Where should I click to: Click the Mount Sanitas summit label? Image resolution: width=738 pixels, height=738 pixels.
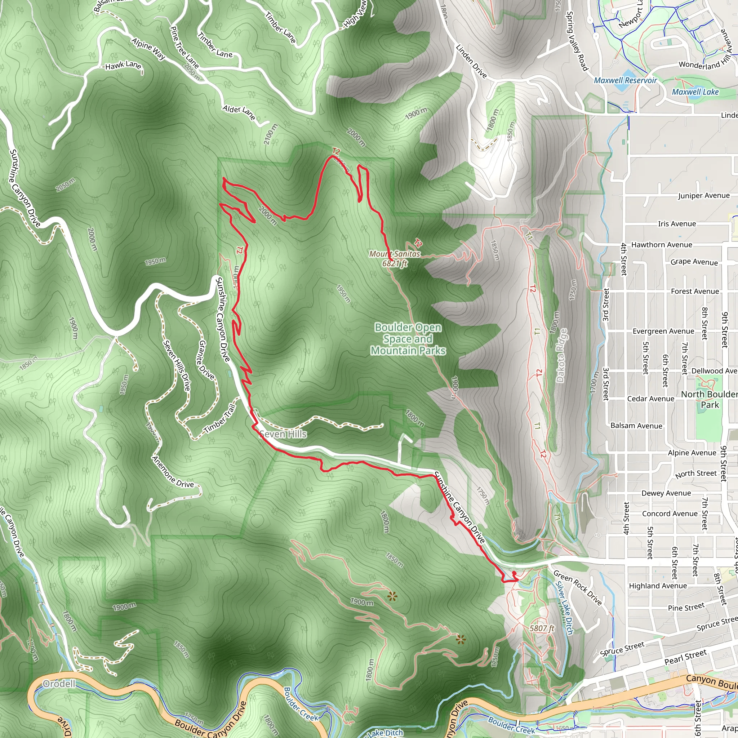click(395, 254)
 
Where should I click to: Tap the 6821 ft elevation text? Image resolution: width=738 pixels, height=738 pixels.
click(395, 263)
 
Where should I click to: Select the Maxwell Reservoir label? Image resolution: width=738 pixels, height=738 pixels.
click(625, 81)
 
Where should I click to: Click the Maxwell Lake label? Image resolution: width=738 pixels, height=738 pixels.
click(695, 92)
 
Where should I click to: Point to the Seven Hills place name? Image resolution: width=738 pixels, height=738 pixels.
click(283, 434)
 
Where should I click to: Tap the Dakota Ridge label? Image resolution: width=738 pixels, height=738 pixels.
click(561, 355)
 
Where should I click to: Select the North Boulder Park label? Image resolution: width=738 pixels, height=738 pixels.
click(709, 399)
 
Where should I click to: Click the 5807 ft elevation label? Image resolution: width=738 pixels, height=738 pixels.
click(542, 628)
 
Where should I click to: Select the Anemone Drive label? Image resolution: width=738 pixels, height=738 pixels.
click(173, 472)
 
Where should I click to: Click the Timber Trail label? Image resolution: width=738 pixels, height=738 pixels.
click(221, 419)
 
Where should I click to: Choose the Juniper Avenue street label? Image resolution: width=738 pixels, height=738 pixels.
click(704, 196)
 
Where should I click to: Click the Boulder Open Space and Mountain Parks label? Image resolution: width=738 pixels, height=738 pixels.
click(408, 339)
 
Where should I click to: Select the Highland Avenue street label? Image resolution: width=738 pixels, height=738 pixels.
click(658, 586)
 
